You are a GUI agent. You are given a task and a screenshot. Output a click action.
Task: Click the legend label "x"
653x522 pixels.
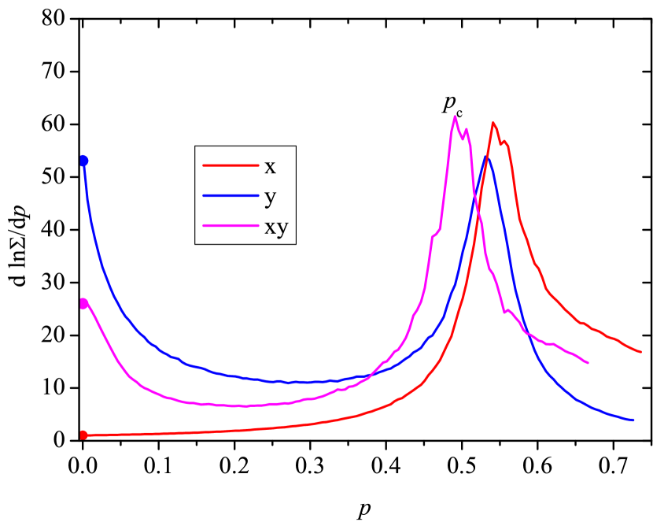click(270, 167)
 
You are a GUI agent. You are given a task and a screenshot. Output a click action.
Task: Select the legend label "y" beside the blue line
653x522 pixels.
click(270, 197)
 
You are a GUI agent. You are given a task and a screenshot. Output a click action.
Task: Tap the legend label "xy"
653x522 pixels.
click(276, 228)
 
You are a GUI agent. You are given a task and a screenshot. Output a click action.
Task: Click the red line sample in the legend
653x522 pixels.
click(231, 165)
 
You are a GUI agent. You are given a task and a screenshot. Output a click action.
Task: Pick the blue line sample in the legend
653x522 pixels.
click(231, 195)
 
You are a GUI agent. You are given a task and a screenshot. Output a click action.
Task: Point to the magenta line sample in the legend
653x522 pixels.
click(231, 226)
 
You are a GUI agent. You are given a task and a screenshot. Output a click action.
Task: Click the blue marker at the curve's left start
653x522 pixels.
click(83, 161)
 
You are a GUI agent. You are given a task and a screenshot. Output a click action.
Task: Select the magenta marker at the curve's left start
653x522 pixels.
click(83, 303)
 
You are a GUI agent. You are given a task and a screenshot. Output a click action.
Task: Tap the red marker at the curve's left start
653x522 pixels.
click(83, 435)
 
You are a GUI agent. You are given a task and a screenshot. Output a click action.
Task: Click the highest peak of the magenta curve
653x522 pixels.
click(455, 117)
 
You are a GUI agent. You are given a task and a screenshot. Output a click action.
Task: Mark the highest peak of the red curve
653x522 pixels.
click(493, 123)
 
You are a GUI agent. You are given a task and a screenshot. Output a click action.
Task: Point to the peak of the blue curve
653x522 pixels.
click(487, 158)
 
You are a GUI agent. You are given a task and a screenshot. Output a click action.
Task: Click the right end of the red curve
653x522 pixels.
click(641, 352)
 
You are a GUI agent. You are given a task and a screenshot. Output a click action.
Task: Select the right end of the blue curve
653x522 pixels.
click(633, 420)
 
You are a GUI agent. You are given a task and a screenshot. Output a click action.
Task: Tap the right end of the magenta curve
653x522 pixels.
click(588, 363)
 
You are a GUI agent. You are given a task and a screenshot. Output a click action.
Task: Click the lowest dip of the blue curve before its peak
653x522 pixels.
click(287, 383)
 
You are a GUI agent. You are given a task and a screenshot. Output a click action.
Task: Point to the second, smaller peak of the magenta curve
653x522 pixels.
click(467, 130)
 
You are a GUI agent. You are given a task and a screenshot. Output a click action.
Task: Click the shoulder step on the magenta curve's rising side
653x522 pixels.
click(435, 234)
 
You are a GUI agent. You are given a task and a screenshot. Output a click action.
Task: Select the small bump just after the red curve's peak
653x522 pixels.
click(505, 142)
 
